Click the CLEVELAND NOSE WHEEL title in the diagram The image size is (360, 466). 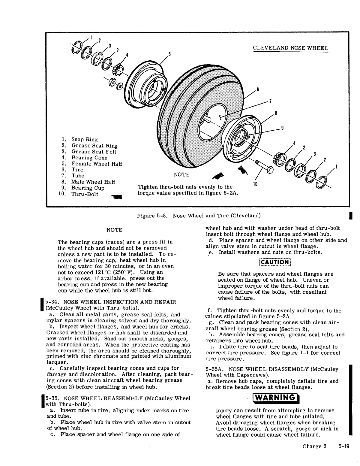290,48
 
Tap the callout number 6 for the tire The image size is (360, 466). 257,90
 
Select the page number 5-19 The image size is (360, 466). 343,446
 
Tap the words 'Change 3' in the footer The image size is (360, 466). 314,446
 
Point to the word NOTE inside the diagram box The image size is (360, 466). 181,175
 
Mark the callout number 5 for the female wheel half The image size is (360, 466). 169,54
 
